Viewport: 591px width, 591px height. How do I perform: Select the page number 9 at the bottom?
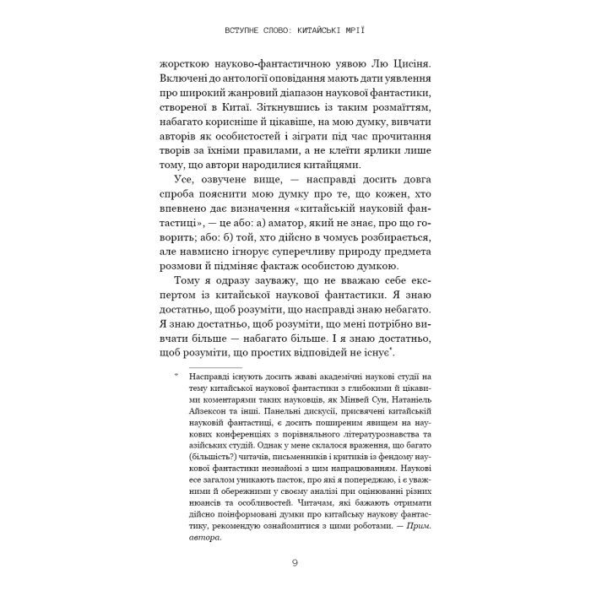point(295,562)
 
